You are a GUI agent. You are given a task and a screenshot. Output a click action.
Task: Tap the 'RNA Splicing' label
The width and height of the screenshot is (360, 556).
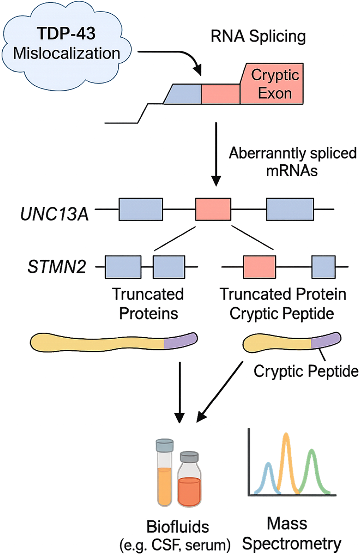pyautogui.click(x=258, y=36)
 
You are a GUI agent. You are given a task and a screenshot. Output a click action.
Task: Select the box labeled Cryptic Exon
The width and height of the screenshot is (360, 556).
pyautogui.click(x=272, y=84)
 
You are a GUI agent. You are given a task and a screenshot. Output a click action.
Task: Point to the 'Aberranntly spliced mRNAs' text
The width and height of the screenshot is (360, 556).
pyautogui.click(x=292, y=161)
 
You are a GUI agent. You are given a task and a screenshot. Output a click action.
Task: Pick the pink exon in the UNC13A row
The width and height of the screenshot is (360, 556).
pyautogui.click(x=213, y=209)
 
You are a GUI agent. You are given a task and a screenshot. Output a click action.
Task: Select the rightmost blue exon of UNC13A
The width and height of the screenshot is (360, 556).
pyautogui.click(x=290, y=209)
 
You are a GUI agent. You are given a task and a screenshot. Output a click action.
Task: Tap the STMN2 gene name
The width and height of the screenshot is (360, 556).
pyautogui.click(x=57, y=267)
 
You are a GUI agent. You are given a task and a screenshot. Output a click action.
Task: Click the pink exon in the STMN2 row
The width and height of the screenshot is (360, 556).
pyautogui.click(x=259, y=267)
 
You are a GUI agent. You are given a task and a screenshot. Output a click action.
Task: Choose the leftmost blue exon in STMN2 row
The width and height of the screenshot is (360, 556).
pyautogui.click(x=123, y=267)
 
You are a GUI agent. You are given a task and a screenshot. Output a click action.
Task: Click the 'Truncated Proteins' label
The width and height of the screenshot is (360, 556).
pyautogui.click(x=148, y=304)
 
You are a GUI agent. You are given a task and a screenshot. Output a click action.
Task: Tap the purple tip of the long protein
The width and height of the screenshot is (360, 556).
pyautogui.click(x=180, y=341)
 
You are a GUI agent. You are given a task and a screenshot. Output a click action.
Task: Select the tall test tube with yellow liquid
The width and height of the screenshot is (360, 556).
pyautogui.click(x=164, y=474)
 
